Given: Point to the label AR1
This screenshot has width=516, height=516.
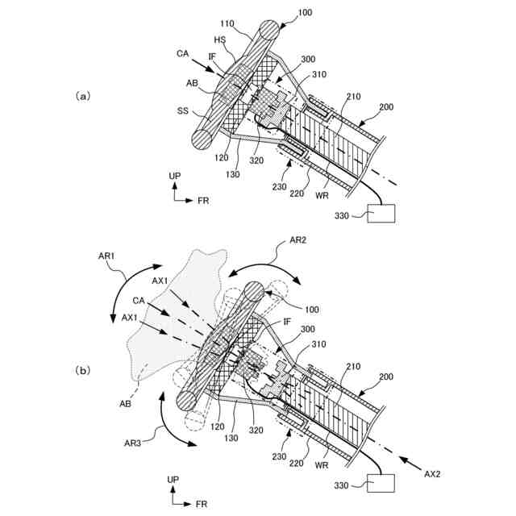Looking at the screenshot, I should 107,256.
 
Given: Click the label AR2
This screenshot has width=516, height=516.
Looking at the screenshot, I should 298,240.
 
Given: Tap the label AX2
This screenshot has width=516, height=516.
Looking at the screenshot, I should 435,475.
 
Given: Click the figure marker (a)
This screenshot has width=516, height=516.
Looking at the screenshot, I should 82,94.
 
